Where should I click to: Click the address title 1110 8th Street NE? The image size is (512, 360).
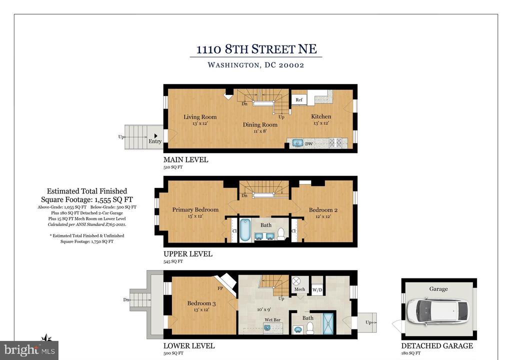256,49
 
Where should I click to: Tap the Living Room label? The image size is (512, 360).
200,116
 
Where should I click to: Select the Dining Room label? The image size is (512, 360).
260,124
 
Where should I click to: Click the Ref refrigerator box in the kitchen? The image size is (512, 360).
299,100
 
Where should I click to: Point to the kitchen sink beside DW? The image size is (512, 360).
297,143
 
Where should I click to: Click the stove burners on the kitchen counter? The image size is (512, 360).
335,143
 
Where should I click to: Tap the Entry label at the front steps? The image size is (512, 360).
155,141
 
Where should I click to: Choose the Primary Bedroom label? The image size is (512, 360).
195,209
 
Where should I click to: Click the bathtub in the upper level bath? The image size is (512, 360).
245,230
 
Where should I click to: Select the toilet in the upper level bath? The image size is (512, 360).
281,234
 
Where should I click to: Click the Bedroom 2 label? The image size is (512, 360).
323,209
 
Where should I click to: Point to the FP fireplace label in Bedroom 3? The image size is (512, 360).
220,288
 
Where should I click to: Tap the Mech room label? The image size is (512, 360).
300,289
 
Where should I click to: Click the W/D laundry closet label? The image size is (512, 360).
317,290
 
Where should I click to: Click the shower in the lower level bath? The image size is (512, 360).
328,323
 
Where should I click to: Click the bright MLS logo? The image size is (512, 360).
29,350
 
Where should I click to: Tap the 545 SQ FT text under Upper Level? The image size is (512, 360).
173,261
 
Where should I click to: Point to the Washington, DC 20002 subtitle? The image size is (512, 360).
256,65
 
